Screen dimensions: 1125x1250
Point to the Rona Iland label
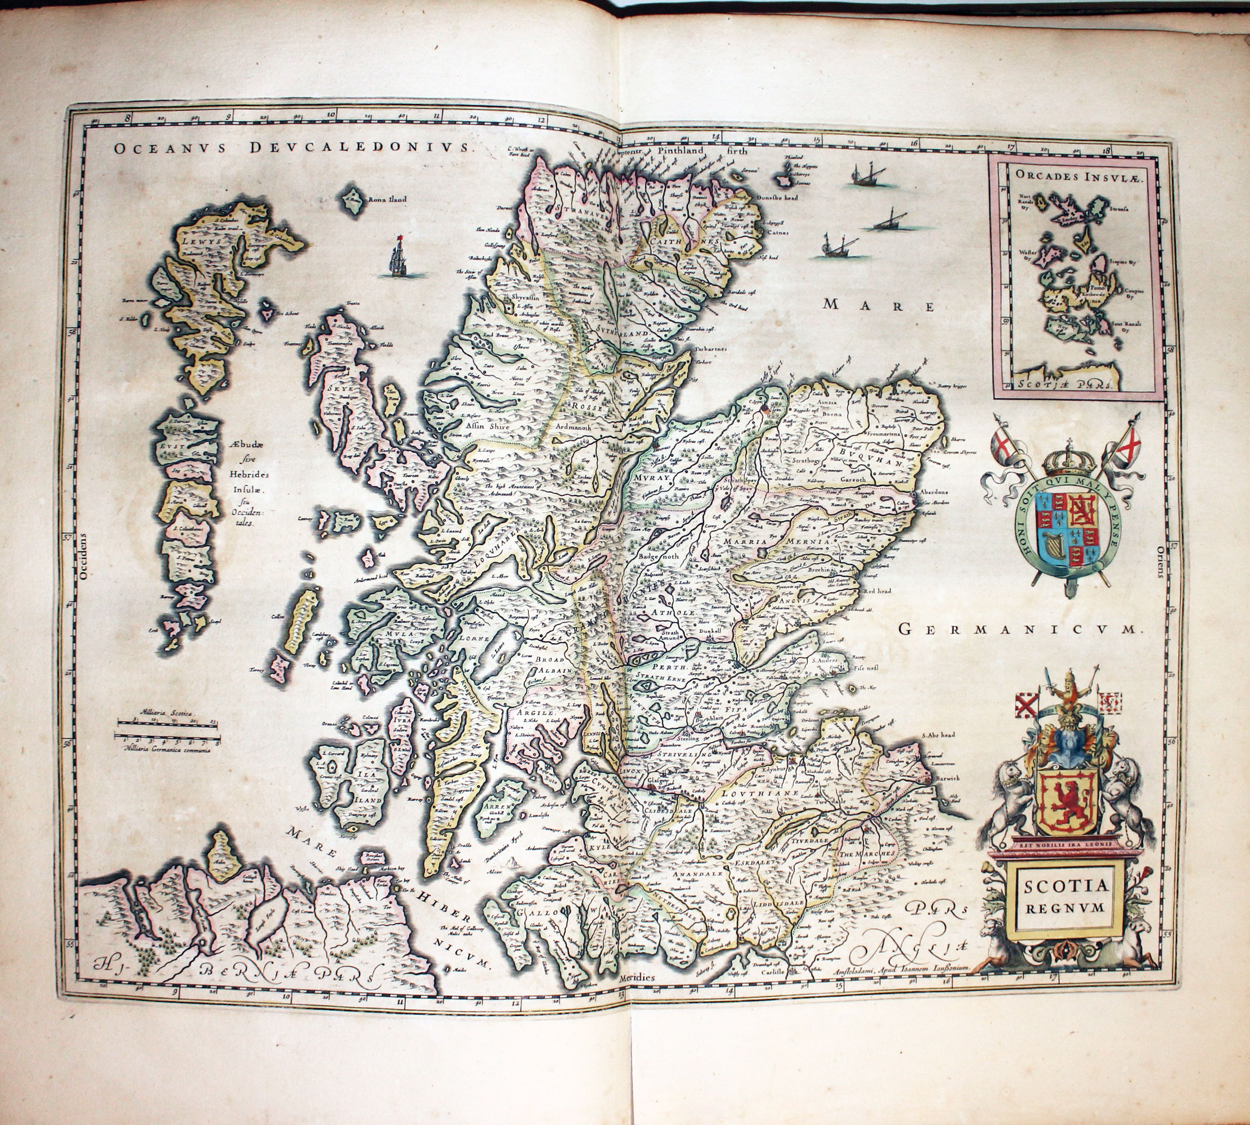click(x=387, y=200)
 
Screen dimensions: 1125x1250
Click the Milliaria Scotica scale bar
click(x=168, y=721)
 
